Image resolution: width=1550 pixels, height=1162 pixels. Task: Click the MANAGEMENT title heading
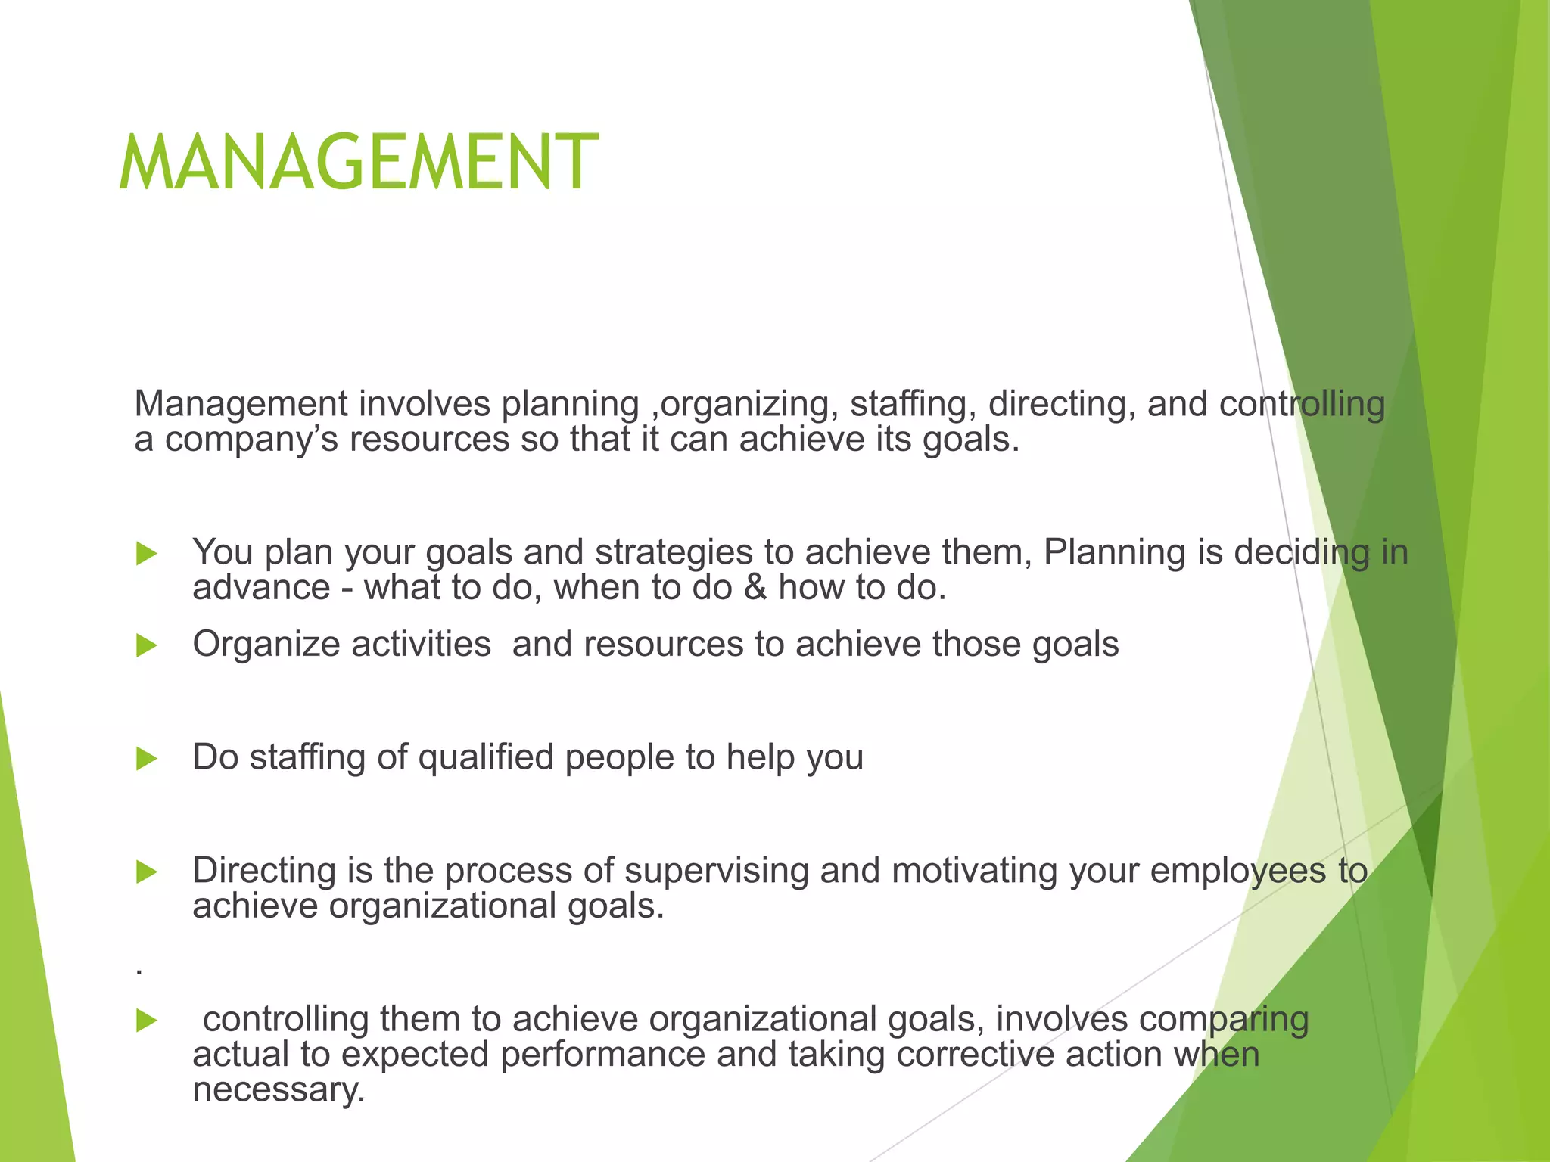pyautogui.click(x=359, y=163)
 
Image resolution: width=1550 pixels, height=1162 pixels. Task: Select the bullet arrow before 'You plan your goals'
pyautogui.click(x=146, y=554)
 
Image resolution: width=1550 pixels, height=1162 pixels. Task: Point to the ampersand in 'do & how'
pyautogui.click(x=755, y=588)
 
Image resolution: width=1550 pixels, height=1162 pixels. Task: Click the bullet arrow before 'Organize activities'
pyautogui.click(x=146, y=646)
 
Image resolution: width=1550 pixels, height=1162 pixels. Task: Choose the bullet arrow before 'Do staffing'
pyautogui.click(x=146, y=759)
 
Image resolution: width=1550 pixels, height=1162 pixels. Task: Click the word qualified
pyautogui.click(x=485, y=757)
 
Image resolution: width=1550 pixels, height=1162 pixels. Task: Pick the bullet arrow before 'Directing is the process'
pyautogui.click(x=146, y=872)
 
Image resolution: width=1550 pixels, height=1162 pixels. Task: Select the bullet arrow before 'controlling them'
pyautogui.click(x=146, y=1021)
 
